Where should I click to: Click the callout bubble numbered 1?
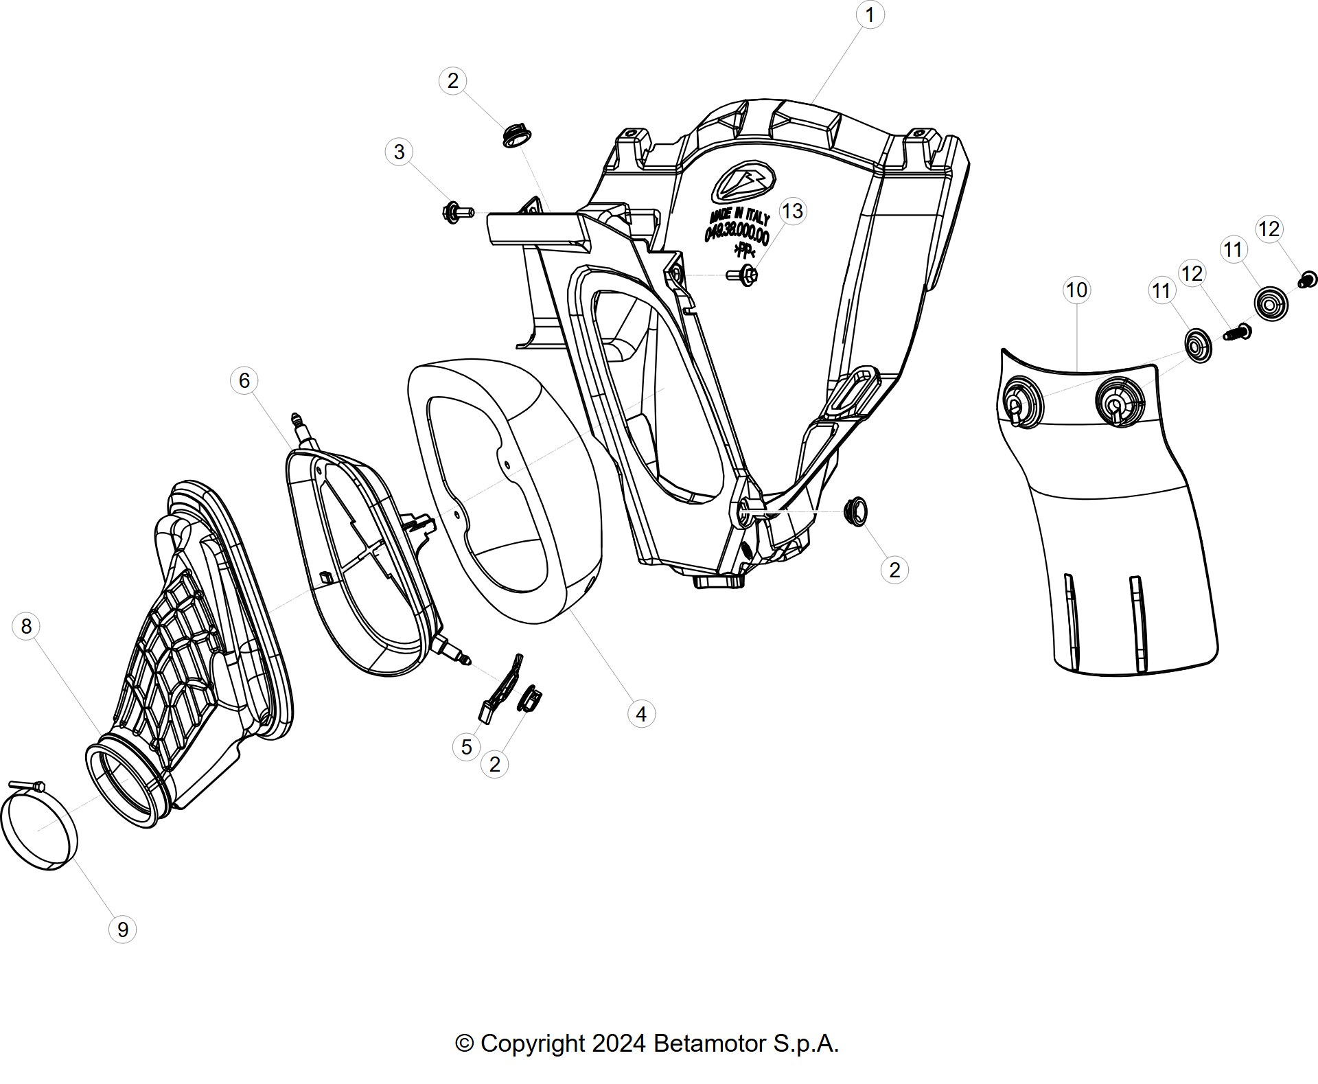pyautogui.click(x=870, y=14)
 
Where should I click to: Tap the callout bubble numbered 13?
pyautogui.click(x=792, y=211)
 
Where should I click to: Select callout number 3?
pyautogui.click(x=400, y=152)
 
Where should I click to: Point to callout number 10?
pyautogui.click(x=1076, y=290)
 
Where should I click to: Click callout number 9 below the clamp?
pyautogui.click(x=123, y=930)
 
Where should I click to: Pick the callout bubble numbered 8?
pyautogui.click(x=26, y=626)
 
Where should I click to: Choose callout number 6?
pyautogui.click(x=244, y=380)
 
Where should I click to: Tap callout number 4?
pyautogui.click(x=641, y=714)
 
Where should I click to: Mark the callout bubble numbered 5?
pyautogui.click(x=466, y=747)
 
